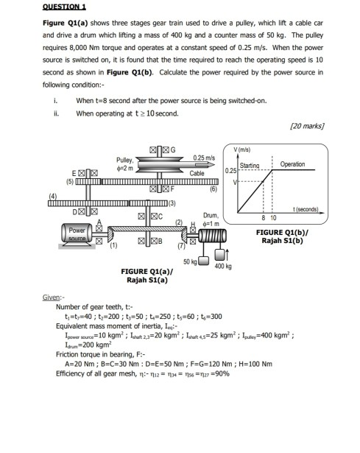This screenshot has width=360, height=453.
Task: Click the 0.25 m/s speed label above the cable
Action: (203, 158)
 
